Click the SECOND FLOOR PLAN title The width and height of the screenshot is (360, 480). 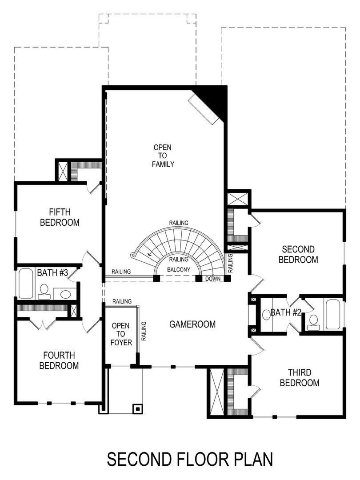(190, 459)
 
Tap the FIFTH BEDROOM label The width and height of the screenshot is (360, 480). (60, 217)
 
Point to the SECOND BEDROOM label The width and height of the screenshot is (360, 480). (298, 254)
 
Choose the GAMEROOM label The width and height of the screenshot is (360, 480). (192, 324)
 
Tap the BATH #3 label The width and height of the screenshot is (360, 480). (52, 272)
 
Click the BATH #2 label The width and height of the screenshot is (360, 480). (286, 312)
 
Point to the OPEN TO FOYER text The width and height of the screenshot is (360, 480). (118, 333)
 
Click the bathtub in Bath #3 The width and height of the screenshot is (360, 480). (25, 283)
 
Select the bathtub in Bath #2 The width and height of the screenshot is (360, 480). (333, 314)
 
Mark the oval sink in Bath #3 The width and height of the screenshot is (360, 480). (65, 294)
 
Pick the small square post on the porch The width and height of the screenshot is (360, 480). (137, 408)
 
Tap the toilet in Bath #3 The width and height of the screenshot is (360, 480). (44, 292)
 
